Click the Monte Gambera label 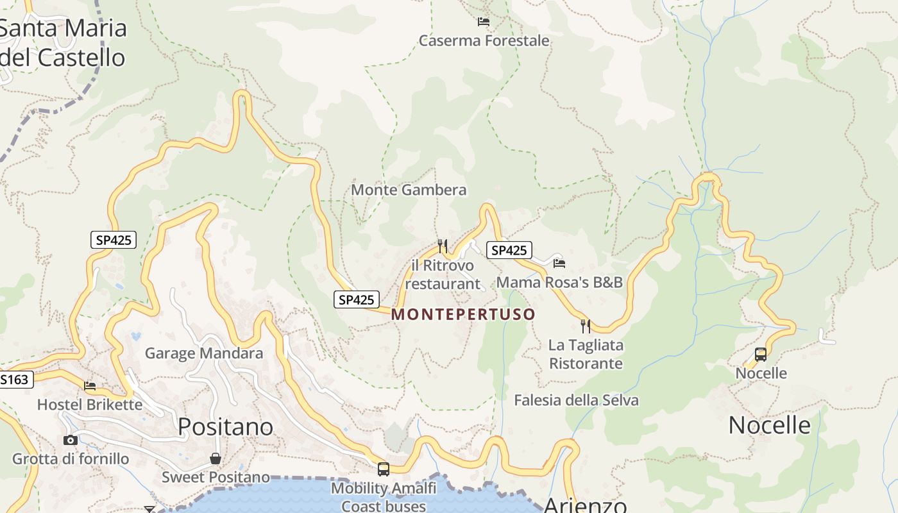[409, 190]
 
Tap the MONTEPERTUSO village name [463, 314]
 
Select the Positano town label [225, 426]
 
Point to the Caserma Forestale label [484, 40]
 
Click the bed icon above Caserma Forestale [484, 22]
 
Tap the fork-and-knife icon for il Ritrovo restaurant [442, 246]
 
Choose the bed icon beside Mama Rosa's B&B [559, 263]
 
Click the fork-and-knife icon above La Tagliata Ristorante [586, 326]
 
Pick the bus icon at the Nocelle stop [760, 354]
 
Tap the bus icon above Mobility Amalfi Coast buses [384, 469]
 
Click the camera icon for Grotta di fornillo [71, 440]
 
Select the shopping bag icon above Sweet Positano [216, 458]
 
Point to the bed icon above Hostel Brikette [90, 386]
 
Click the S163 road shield [14, 380]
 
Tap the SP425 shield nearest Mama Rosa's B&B [509, 250]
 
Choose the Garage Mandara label [203, 353]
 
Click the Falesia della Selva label [576, 400]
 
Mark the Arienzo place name [584, 505]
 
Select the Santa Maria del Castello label [62, 43]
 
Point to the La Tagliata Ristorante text [586, 354]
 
